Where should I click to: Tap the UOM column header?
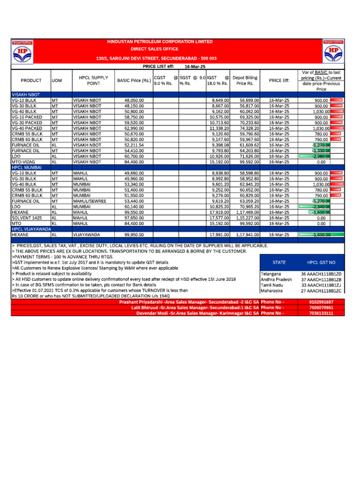coord(56,80)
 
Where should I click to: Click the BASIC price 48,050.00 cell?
coord(134,100)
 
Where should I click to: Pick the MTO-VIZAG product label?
coord(23,162)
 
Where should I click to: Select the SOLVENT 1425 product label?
coord(27,218)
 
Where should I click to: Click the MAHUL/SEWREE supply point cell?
coord(90,201)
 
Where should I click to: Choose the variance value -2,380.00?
coord(321,156)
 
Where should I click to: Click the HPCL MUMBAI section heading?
coord(27,167)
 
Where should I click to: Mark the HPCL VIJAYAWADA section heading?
coord(31,229)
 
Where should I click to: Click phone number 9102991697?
coord(322,302)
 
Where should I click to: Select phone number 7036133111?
coord(322,313)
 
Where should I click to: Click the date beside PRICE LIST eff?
coord(195,67)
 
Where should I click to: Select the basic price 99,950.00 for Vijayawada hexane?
coord(134,234)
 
